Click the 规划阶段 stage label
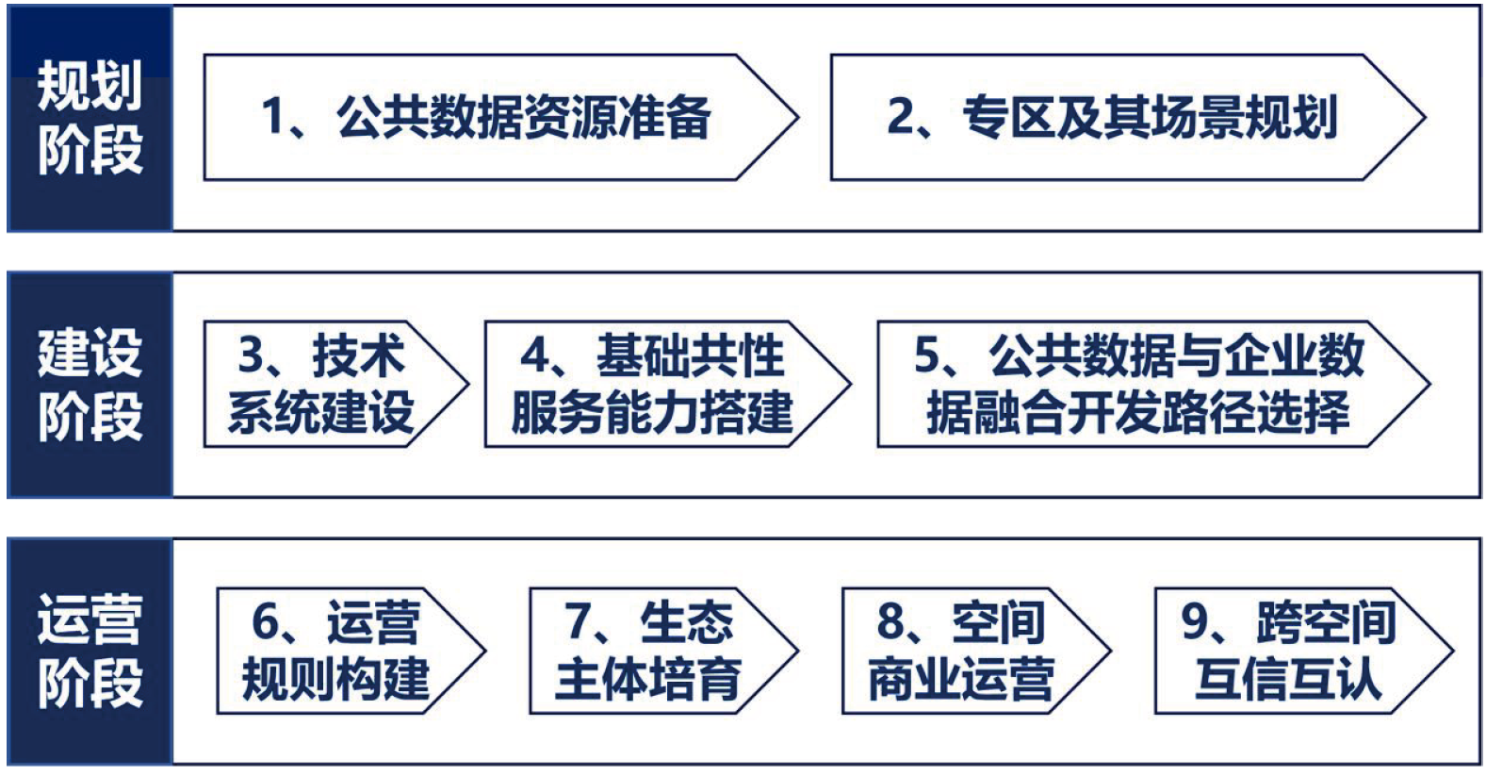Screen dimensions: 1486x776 pos(90,118)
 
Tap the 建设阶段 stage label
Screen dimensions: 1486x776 pos(90,385)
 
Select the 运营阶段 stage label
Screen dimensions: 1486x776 pos(90,652)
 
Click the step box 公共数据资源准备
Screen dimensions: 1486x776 pos(501,118)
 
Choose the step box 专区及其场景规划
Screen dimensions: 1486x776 pos(1128,118)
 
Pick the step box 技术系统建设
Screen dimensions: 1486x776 pos(335,385)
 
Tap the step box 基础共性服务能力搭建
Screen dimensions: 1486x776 pos(667,385)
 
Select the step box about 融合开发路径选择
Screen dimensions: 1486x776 pos(1153,385)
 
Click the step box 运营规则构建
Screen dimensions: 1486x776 pos(351,651)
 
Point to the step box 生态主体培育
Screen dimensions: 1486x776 pos(663,651)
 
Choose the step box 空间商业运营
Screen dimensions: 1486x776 pos(976,651)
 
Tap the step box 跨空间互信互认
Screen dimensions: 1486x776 pos(1303,651)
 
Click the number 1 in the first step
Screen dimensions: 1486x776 pos(274,117)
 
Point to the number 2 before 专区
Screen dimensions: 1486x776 pos(901,116)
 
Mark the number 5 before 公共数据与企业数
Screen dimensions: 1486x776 pos(927,355)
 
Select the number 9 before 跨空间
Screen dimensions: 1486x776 pos(1195,621)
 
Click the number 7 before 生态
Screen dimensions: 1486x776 pos(577,621)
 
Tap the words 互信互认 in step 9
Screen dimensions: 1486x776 pos(1289,679)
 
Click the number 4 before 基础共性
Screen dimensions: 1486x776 pos(534,355)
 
